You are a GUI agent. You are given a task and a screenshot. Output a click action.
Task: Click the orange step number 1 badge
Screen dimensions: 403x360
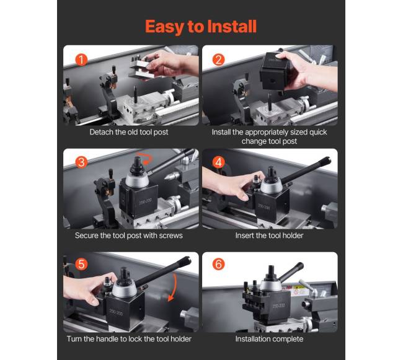coord(81,59)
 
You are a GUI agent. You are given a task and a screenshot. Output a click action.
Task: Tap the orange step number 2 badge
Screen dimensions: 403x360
coord(218,59)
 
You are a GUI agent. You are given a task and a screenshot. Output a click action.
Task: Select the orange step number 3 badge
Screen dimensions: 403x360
coord(81,162)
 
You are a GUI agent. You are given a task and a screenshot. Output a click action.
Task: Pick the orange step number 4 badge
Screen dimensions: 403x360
coord(218,162)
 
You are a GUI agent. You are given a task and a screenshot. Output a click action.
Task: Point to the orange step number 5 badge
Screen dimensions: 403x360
coord(81,264)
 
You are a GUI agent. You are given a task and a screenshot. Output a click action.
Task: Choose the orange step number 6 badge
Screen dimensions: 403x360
coord(218,264)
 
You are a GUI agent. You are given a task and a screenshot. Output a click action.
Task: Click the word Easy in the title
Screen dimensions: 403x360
coord(164,27)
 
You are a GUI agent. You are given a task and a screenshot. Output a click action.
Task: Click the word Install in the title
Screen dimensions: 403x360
coord(232,26)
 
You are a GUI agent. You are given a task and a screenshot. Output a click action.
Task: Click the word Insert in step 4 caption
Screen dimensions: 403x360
coord(244,235)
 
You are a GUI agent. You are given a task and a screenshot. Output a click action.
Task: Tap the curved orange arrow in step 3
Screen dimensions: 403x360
coord(145,158)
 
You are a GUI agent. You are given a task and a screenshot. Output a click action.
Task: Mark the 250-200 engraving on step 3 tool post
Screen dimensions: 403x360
coord(146,201)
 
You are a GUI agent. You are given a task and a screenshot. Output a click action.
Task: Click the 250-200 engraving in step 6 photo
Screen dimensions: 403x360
coord(278,305)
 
